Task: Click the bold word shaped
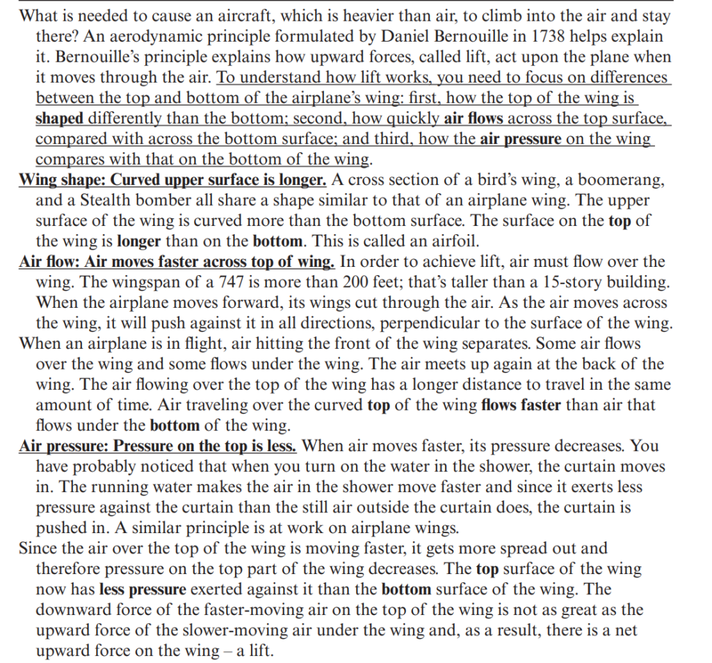[x=60, y=119]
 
